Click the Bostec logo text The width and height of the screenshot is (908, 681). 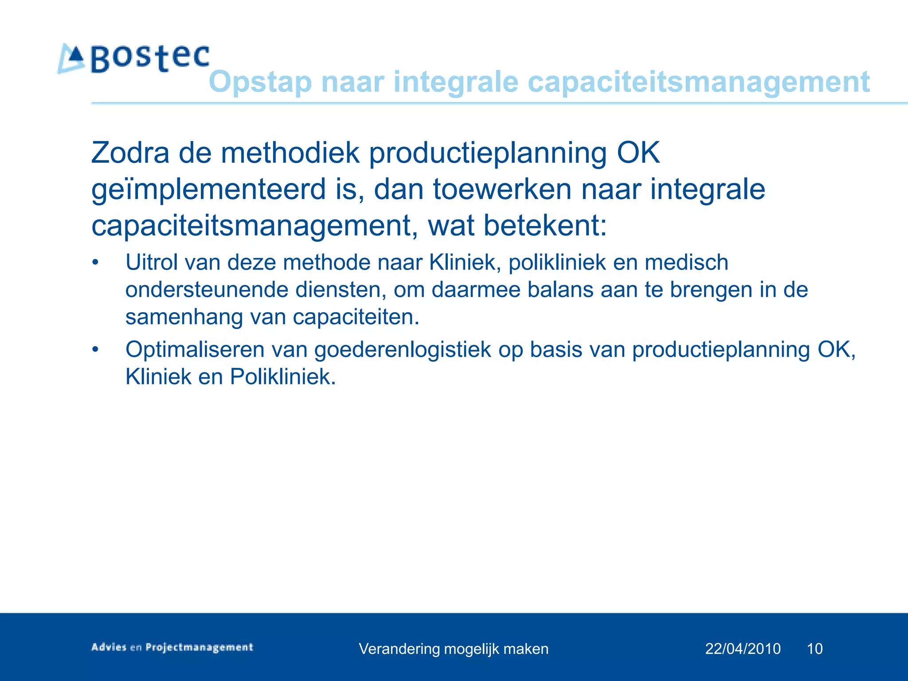(x=150, y=59)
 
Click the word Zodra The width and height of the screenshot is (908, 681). (x=130, y=153)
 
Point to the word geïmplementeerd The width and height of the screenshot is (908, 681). (x=208, y=190)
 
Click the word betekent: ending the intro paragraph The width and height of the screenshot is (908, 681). (x=544, y=226)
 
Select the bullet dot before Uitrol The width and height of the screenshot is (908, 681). (x=95, y=262)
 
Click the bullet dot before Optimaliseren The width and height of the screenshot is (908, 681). (x=95, y=350)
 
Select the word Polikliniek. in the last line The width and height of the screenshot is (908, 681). (x=283, y=377)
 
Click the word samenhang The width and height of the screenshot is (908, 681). (x=184, y=317)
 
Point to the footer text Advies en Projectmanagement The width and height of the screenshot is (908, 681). (x=172, y=647)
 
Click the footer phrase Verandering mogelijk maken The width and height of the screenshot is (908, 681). (x=454, y=649)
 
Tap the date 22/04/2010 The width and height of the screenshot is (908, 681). (x=743, y=649)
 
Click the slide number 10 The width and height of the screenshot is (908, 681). (x=814, y=649)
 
